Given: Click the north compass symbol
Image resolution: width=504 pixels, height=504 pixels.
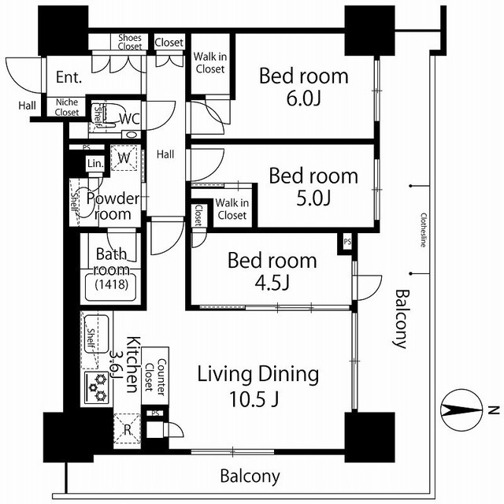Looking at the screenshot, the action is coord(462,410).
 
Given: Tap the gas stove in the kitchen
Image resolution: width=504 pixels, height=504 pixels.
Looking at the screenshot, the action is coord(97,387).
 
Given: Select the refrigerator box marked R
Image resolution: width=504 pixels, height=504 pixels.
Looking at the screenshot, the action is coord(128,429).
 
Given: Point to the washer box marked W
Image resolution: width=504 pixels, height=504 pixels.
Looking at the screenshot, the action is coord(124,157).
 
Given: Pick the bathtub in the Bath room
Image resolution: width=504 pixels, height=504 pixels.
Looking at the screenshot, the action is coord(111,286).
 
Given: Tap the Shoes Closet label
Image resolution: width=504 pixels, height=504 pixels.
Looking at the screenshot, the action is coord(129,42).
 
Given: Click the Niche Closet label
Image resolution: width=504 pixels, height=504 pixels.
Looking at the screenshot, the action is coord(66,107).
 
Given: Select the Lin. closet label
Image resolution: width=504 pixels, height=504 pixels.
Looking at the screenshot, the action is coord(95,163).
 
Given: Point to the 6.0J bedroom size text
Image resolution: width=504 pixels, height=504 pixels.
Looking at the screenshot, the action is coord(303,98).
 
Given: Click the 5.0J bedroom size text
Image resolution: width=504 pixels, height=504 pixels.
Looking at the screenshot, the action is coord(313,198).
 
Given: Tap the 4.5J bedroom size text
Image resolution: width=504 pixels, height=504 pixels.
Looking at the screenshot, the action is coord(272,283).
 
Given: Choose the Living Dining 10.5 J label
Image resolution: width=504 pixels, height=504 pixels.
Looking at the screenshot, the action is coord(258,386).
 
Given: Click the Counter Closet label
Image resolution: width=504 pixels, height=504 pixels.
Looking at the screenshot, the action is coord(155,375).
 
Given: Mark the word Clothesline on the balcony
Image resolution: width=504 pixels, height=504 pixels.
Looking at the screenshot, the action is coord(424,230).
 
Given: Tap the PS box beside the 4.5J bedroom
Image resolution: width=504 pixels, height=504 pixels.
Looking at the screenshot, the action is coord(347,242).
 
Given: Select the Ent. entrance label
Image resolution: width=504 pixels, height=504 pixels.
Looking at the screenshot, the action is coord(69,77).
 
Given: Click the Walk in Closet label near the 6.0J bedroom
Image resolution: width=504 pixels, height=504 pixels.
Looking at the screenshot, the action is coord(210,63).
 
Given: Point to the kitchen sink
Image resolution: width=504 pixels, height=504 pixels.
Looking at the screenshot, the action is coord(97,334).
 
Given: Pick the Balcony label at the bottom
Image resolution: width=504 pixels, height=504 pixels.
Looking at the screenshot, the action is coord(250,476).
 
